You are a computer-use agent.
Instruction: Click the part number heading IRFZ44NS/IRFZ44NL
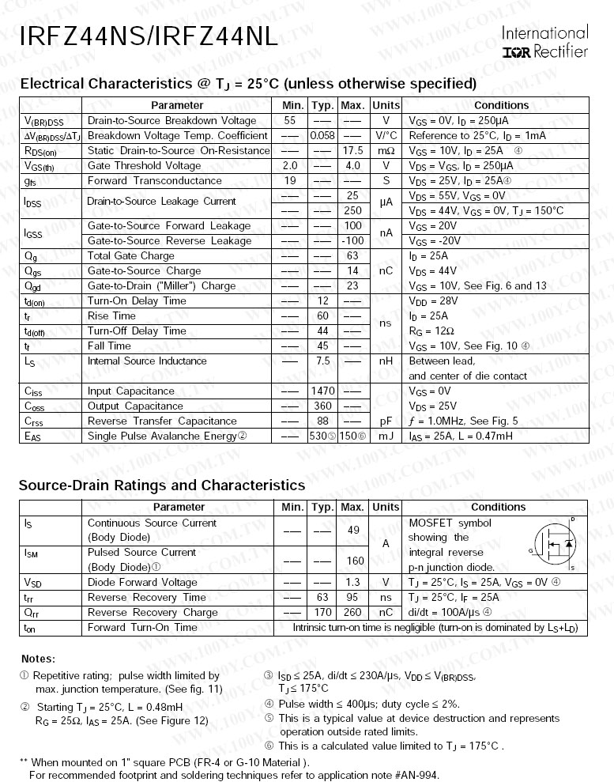point(149,36)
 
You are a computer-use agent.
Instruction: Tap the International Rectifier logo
point(545,43)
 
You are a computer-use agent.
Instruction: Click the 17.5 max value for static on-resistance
point(352,151)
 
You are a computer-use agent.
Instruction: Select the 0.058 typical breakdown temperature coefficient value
point(322,136)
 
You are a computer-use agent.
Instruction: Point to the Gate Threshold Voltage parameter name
point(144,166)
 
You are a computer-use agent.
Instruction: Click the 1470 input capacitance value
point(322,391)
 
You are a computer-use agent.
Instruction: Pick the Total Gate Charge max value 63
point(352,256)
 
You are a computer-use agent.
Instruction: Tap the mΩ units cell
point(386,151)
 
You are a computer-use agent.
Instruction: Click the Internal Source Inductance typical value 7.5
point(322,361)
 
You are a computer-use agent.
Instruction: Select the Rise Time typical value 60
point(322,316)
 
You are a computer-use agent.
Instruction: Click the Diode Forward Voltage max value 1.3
point(352,583)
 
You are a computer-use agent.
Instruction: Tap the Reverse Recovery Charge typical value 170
point(322,613)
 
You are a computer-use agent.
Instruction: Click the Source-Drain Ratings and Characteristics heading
point(161,485)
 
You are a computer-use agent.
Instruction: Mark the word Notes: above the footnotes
point(38,659)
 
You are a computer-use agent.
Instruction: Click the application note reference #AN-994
point(411,775)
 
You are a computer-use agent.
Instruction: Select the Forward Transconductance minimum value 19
point(290,181)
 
